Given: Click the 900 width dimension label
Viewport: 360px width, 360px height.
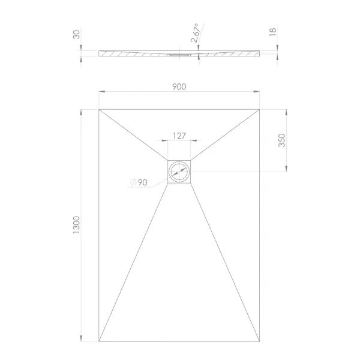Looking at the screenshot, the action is click(179, 87).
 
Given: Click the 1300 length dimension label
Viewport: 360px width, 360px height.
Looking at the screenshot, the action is click(76, 225).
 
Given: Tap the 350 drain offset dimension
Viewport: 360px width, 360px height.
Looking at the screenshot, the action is click(281, 140).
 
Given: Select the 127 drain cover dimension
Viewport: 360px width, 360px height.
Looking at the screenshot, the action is click(179, 136).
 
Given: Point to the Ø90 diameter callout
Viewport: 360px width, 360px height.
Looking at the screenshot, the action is click(139, 182).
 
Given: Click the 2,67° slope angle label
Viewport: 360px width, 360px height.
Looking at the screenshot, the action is click(194, 33).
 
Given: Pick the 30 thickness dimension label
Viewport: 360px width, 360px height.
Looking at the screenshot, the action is click(76, 35).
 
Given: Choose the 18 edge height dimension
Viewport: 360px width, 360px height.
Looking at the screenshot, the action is click(272, 32).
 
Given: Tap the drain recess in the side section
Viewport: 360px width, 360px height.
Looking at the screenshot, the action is click(179, 55).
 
